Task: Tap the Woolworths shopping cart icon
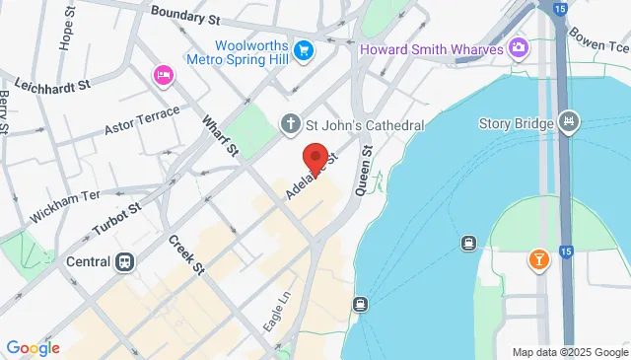(x=304, y=49)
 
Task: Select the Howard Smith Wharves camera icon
(x=518, y=48)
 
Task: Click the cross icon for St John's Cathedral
(x=291, y=124)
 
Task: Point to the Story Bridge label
(x=514, y=123)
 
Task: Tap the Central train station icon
(x=125, y=262)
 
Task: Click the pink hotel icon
(x=163, y=75)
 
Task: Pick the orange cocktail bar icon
(x=539, y=260)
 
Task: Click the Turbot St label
(x=117, y=218)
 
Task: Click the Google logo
(x=33, y=348)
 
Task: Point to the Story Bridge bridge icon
(x=568, y=122)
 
